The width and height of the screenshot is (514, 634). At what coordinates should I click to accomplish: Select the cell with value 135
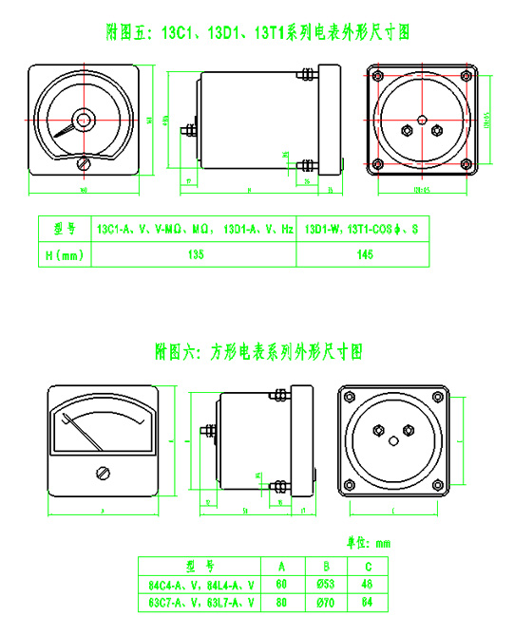point(197,254)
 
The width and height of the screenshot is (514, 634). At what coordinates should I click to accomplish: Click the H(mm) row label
point(65,254)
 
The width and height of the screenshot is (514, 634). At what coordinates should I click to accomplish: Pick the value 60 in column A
point(281,584)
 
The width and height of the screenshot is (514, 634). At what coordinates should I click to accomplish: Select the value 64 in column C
point(367,602)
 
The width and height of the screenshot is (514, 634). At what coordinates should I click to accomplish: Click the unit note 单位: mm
point(369,544)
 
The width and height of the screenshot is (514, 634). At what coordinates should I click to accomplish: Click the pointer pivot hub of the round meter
point(84,121)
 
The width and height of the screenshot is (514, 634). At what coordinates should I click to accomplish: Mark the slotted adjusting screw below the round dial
point(84,163)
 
